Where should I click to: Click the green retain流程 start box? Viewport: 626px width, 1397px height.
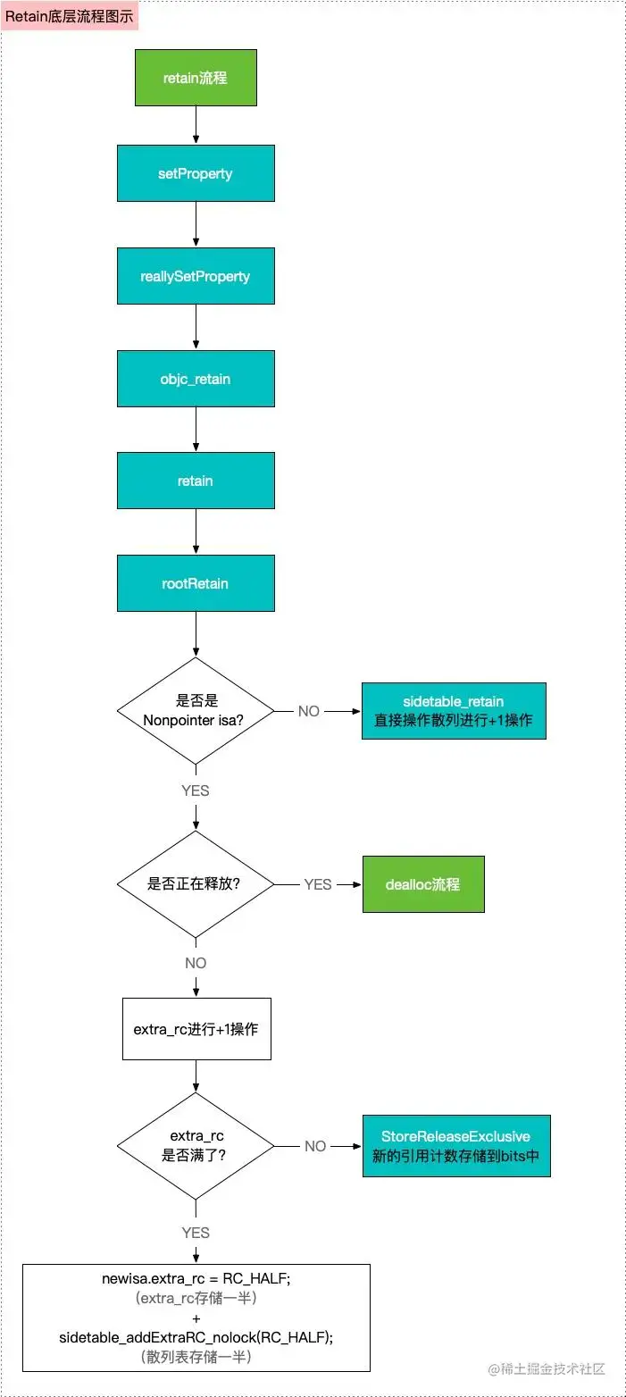tap(196, 78)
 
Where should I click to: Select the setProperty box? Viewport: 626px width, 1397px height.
tap(196, 173)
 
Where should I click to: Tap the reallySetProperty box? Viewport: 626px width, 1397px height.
tap(196, 276)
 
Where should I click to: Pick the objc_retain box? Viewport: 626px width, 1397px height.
tap(196, 379)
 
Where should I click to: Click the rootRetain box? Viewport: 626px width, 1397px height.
tap(196, 583)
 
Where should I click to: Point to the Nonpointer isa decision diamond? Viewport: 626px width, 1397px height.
tap(196, 711)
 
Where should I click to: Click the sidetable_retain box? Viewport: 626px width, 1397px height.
tap(454, 711)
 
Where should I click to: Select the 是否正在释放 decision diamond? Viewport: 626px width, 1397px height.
tap(196, 884)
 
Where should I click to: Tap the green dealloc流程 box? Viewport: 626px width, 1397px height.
tap(423, 884)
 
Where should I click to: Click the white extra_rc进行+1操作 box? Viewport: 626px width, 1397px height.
tap(196, 1029)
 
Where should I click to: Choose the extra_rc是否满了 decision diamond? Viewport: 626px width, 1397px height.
tap(196, 1145)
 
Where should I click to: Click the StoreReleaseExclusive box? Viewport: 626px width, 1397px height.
tap(455, 1145)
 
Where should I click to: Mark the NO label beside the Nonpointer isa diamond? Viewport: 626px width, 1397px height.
tap(309, 712)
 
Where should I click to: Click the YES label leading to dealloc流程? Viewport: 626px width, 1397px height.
tap(318, 884)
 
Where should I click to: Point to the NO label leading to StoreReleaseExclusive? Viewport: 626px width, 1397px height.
tap(315, 1146)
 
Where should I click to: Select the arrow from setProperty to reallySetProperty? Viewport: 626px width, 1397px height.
tap(196, 225)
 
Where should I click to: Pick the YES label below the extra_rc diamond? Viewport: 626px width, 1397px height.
tap(196, 1233)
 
